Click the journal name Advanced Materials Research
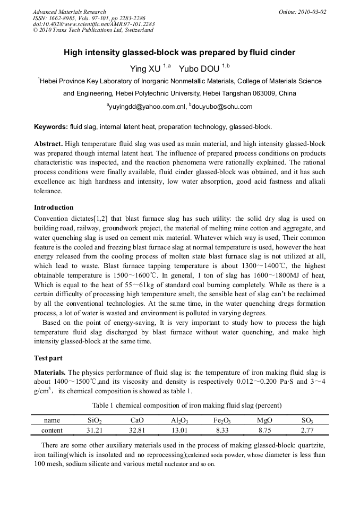[70, 12]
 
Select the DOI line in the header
[93, 24]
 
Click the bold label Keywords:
[51, 127]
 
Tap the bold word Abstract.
[48, 144]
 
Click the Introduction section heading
[54, 208]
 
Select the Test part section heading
[48, 358]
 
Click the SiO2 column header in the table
[94, 420]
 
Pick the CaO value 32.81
[137, 430]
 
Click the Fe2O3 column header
[221, 420]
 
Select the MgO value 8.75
[264, 430]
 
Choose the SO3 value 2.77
[307, 430]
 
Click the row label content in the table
[52, 430]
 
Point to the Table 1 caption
[180, 405]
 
